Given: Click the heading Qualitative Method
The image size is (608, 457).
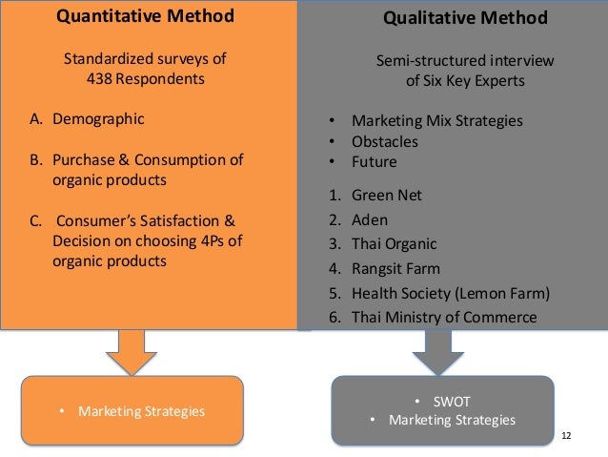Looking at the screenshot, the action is coord(465,17).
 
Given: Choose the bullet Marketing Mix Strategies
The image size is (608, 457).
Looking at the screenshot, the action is coord(437,121).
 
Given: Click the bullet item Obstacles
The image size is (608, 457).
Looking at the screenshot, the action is coord(385,141).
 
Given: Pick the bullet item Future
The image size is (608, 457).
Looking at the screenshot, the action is coord(375,161).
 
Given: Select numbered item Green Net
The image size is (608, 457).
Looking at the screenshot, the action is coord(386,195).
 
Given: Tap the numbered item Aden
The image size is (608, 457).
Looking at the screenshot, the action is coord(369,219).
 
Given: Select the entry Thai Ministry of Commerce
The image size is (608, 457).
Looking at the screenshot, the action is coord(444,317).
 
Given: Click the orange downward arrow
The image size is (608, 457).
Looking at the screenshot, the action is coord(125,352).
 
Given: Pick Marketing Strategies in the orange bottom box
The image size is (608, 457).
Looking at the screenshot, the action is coord(140,411).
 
